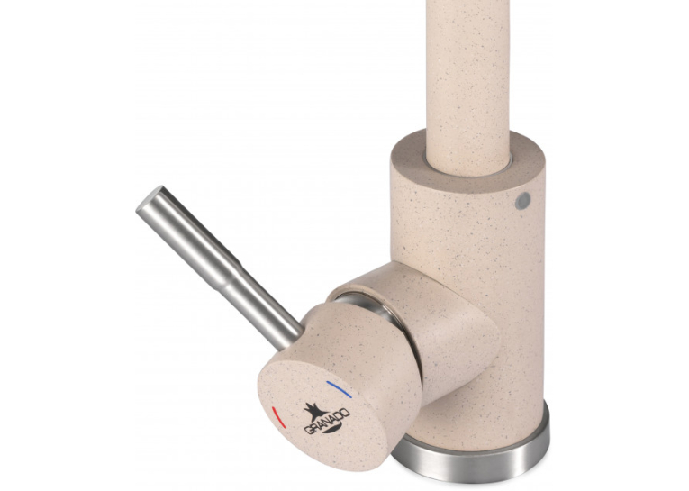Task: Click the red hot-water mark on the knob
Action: [278, 417]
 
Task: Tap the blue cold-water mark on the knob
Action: [339, 389]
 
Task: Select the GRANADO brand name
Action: [327, 421]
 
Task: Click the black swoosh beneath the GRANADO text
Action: [334, 429]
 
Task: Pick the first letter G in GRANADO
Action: [308, 431]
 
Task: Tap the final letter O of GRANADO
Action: [346, 413]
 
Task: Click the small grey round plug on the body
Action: [523, 200]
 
